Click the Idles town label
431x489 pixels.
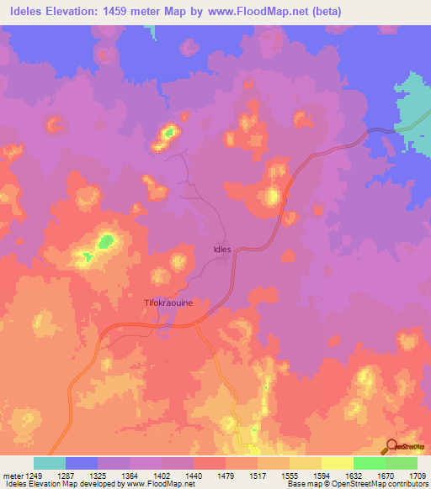[222, 250]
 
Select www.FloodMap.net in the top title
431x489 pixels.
[278, 12]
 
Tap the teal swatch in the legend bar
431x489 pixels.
[50, 463]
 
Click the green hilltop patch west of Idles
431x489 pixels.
[105, 242]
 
